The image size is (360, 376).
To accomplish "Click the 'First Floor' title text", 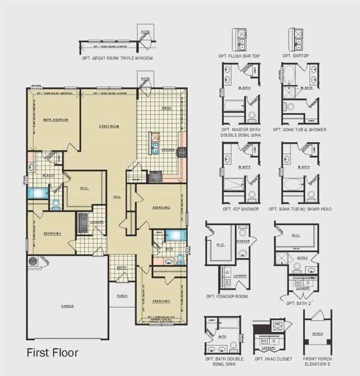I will (52, 352).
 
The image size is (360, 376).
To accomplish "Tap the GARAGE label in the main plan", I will (67, 305).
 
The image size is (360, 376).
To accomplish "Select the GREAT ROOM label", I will (108, 126).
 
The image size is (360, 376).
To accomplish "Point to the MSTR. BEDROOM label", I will (55, 119).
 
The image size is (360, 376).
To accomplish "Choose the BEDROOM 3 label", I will (161, 300).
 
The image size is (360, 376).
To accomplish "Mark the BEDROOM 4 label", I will (52, 233).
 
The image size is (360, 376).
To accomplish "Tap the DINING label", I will (166, 107).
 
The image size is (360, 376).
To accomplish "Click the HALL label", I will (116, 196).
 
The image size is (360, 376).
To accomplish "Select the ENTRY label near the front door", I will (122, 267).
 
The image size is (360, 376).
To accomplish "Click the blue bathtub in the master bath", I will (38, 192).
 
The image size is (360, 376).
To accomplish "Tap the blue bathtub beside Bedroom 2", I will (175, 235).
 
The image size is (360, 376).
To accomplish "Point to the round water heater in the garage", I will (33, 261).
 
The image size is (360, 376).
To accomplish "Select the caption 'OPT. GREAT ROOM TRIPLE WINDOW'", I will (117, 58).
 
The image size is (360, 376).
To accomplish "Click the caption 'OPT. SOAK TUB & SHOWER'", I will (299, 129).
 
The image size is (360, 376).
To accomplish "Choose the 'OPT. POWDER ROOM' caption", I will (226, 296).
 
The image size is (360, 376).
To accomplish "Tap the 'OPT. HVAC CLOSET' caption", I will (273, 359).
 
